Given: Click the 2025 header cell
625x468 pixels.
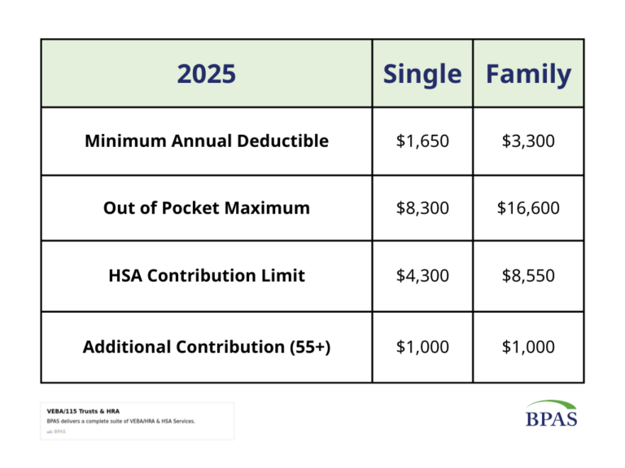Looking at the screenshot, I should pyautogui.click(x=207, y=75).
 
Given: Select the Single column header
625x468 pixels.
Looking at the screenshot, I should pyautogui.click(x=422, y=75).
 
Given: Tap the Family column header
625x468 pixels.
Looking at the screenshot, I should pyautogui.click(x=528, y=75).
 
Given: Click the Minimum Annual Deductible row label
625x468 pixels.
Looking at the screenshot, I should pyautogui.click(x=207, y=141).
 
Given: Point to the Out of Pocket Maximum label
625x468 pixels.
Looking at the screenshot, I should pyautogui.click(x=207, y=208).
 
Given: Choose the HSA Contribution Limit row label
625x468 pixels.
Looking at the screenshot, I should pyautogui.click(x=207, y=275).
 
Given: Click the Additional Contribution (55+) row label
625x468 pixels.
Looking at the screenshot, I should pyautogui.click(x=207, y=347).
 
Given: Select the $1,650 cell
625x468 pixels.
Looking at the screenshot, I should pyautogui.click(x=422, y=141).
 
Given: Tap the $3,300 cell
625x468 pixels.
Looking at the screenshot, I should pyautogui.click(x=528, y=141).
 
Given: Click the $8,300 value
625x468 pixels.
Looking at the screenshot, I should pyautogui.click(x=422, y=208).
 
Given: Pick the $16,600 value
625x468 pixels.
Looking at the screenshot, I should pyautogui.click(x=528, y=208).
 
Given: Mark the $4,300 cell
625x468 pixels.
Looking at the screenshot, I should pyautogui.click(x=422, y=275).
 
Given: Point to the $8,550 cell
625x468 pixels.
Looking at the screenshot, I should pyautogui.click(x=528, y=275).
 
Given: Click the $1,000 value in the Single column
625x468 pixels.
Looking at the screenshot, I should pyautogui.click(x=422, y=347).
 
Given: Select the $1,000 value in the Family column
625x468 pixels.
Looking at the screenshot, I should pyautogui.click(x=528, y=347).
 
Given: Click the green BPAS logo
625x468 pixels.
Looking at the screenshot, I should pyautogui.click(x=552, y=414).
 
